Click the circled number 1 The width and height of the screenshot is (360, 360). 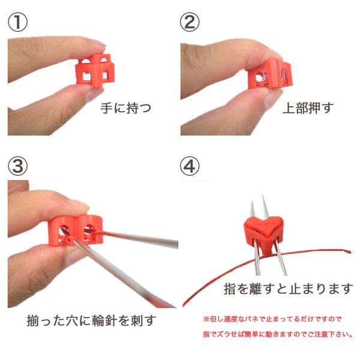(x=17, y=22)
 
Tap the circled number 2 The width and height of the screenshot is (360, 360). (x=190, y=22)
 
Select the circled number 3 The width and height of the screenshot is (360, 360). (x=17, y=166)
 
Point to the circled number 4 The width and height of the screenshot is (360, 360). (x=190, y=166)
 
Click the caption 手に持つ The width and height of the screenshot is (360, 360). (x=126, y=108)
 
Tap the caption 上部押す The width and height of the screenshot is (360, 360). (x=308, y=108)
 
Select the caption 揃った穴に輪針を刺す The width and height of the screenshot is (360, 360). (x=91, y=320)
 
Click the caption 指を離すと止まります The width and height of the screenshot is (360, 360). (x=288, y=289)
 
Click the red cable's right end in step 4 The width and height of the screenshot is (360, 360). (x=349, y=252)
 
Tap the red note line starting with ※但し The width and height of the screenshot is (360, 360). (x=272, y=319)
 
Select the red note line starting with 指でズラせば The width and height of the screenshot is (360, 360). (x=278, y=334)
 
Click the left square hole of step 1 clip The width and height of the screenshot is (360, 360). (x=87, y=76)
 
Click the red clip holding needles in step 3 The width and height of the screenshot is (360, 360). (x=76, y=230)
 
